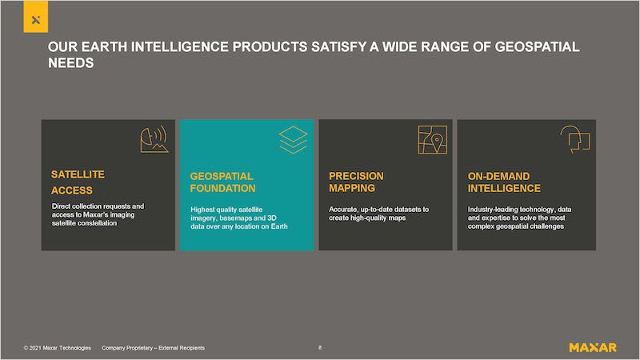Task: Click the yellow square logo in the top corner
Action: point(35,16)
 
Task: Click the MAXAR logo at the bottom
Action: point(593,348)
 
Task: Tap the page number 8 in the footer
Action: point(320,348)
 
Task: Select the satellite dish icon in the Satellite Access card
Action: point(154,139)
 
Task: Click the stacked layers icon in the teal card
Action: point(293,140)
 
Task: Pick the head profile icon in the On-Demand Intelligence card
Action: point(574,139)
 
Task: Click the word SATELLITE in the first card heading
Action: point(78,174)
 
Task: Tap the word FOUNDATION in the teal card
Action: point(223,188)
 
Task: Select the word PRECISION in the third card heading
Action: point(356,176)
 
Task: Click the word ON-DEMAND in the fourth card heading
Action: point(498,176)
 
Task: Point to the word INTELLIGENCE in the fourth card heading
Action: point(504,188)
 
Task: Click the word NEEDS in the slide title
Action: point(71,63)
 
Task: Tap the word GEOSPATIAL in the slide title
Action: point(537,46)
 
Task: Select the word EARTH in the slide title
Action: point(104,46)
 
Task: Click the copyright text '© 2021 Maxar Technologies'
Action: point(57,348)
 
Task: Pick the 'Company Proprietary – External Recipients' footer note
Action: point(153,348)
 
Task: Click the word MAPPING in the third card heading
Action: point(352,188)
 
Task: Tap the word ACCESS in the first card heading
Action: point(72,190)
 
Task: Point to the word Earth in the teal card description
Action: point(279,226)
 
